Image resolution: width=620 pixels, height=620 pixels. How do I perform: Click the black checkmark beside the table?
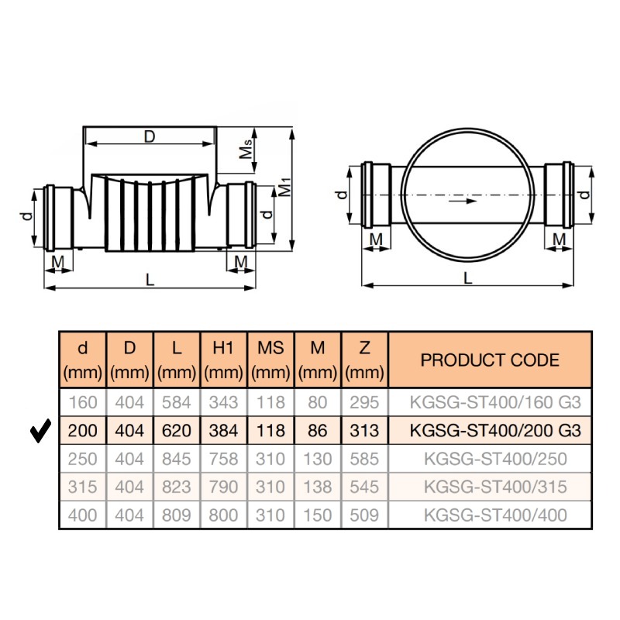tap(40, 430)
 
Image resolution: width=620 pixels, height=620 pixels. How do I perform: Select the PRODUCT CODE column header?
tap(490, 360)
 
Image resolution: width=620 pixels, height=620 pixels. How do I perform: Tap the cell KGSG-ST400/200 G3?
tap(495, 430)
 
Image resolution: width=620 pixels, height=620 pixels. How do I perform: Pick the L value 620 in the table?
tap(177, 430)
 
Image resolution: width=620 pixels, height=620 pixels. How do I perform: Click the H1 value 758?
tap(223, 459)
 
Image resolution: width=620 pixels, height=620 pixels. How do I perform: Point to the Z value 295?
tap(364, 402)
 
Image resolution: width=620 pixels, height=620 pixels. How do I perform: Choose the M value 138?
tap(317, 487)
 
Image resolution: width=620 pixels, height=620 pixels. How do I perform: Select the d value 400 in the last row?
tap(82, 515)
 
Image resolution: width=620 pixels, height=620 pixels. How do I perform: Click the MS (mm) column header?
tap(270, 360)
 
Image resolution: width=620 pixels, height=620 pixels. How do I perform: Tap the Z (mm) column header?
tap(364, 360)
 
